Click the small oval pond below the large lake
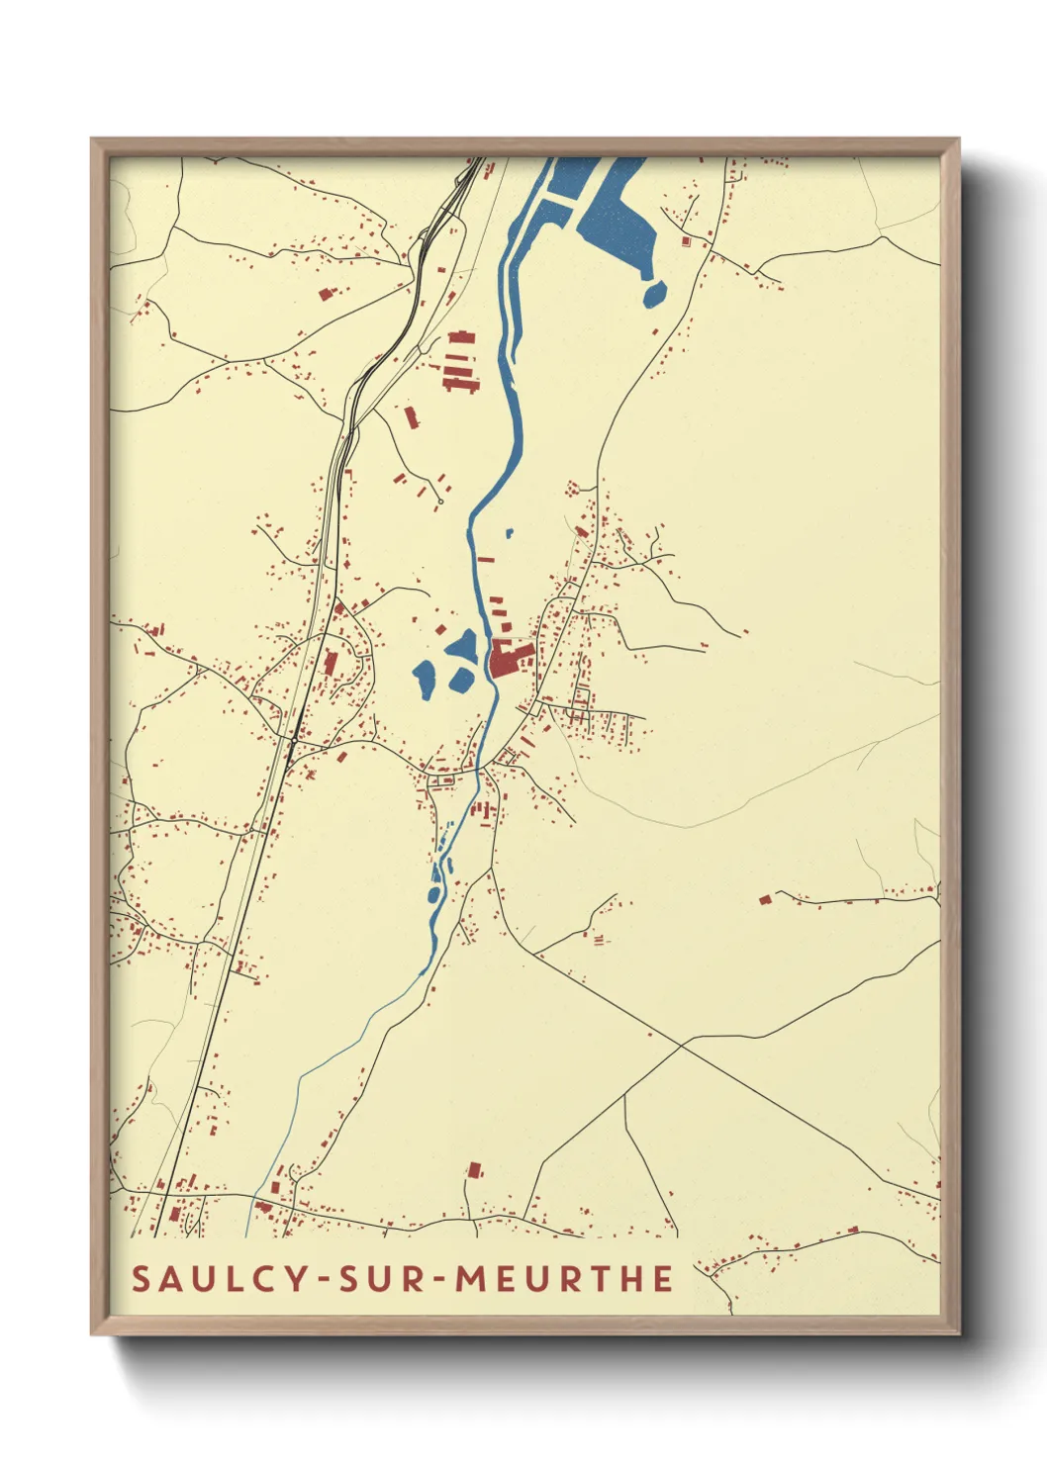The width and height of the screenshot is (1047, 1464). pyautogui.click(x=654, y=293)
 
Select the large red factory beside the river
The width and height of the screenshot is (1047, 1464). pyautogui.click(x=508, y=658)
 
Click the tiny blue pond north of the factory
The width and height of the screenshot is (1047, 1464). pyautogui.click(x=509, y=533)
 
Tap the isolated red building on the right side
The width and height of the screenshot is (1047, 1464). pyautogui.click(x=764, y=899)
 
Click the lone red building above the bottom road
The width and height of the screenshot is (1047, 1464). pyautogui.click(x=475, y=1170)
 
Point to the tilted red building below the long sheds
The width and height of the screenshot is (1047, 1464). pyautogui.click(x=411, y=416)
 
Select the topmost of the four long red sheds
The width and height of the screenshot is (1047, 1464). pyautogui.click(x=461, y=338)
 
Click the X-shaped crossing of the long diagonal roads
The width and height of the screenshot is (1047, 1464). pyautogui.click(x=683, y=1045)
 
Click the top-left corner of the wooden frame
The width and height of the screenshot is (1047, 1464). pyautogui.click(x=94, y=141)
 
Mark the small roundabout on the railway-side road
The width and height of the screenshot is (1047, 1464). pyautogui.click(x=293, y=738)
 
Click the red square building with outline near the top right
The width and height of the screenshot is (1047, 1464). pyautogui.click(x=685, y=240)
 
